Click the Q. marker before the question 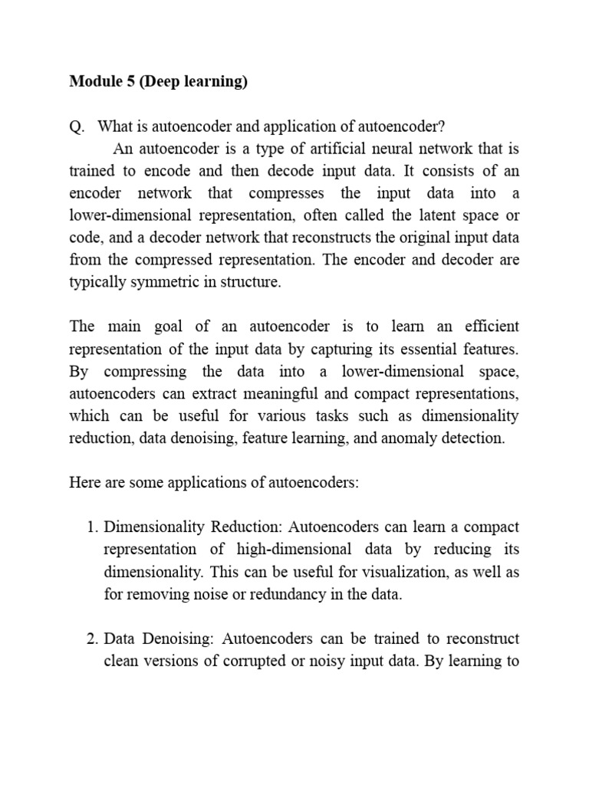(x=77, y=126)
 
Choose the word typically (x=96, y=283)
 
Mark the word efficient (x=490, y=327)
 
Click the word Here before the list (x=84, y=484)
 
